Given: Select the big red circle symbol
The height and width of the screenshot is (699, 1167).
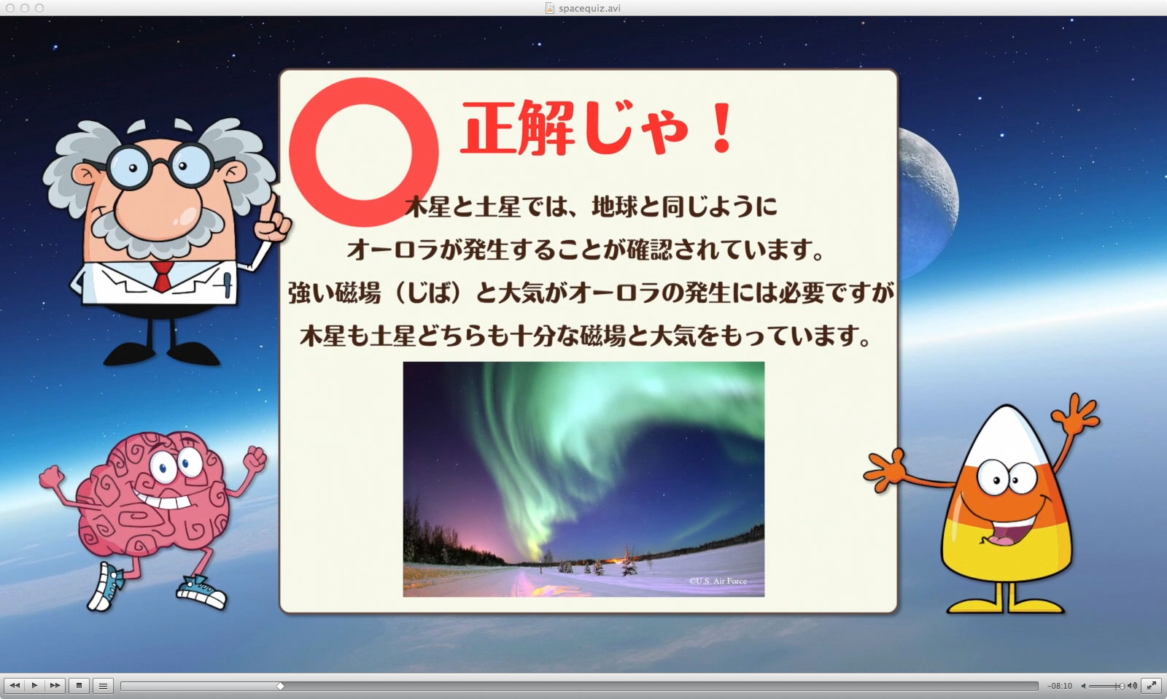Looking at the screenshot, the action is [364, 152].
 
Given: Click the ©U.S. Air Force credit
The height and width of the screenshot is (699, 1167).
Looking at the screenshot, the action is [718, 581].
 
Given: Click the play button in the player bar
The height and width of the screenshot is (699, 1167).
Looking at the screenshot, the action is [34, 685].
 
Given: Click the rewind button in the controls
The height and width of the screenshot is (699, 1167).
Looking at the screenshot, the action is [15, 685].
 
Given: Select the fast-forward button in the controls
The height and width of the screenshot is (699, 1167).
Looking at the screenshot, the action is [55, 685].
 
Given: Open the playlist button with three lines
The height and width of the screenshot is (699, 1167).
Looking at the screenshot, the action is [103, 685].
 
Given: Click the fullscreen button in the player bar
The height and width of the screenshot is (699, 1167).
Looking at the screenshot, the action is [1152, 685].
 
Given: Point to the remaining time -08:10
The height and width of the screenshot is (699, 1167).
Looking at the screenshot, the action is [1060, 686].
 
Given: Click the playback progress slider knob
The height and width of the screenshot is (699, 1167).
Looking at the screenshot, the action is [280, 686].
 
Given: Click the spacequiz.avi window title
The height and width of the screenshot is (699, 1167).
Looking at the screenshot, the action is [589, 8].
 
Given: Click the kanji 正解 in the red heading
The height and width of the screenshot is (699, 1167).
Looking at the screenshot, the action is [518, 128].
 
